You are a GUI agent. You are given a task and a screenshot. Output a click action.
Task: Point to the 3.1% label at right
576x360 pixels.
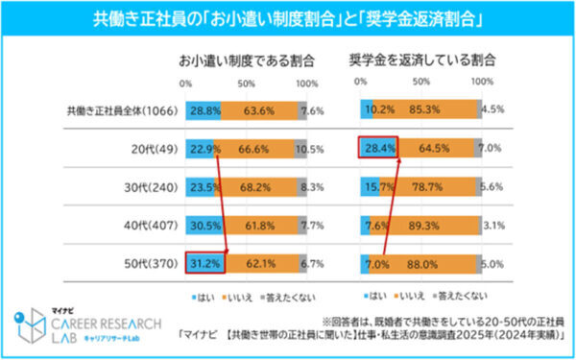click(x=492, y=224)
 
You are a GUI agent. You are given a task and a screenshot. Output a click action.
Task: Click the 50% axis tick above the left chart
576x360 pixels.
click(x=245, y=84)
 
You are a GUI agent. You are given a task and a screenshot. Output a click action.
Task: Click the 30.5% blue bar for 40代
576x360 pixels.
click(x=204, y=224)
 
